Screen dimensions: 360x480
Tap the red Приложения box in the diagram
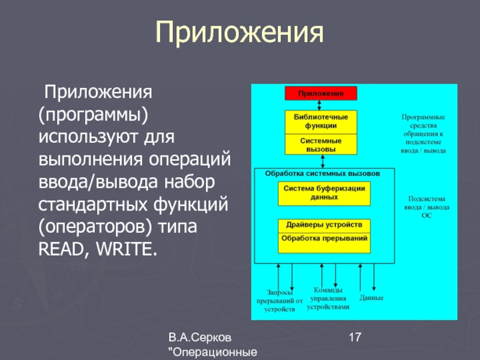click(x=320, y=93)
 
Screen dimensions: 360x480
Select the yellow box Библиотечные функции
click(x=320, y=121)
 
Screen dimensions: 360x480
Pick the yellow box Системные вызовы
click(x=320, y=145)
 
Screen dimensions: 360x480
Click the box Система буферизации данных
click(x=324, y=192)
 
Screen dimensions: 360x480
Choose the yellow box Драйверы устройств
click(x=324, y=225)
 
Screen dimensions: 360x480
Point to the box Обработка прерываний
click(x=324, y=238)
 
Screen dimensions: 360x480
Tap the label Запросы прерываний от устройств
click(x=275, y=300)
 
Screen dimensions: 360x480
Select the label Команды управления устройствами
click(x=328, y=298)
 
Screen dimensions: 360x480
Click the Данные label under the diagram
click(x=371, y=298)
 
